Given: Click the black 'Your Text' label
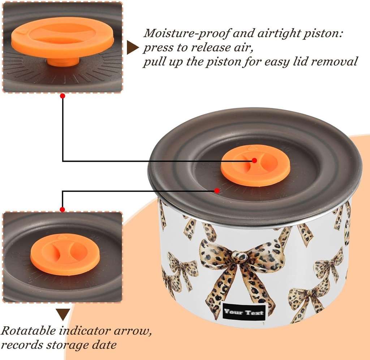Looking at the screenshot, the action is (244, 312).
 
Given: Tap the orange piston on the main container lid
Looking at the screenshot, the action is (255, 166).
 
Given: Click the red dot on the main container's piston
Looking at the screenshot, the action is (254, 160).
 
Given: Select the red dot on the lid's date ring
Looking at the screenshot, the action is (217, 190).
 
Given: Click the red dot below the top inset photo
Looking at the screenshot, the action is (63, 96).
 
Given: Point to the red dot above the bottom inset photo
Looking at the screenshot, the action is (62, 209).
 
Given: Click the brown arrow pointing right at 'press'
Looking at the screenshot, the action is (132, 47).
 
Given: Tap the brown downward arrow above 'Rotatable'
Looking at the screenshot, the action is (63, 314).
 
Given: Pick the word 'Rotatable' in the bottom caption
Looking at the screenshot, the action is (28, 331).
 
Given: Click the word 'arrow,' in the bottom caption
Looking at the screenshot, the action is (133, 331).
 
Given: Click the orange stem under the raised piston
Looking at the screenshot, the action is (63, 62).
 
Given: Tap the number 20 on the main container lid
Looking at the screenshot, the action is (286, 149).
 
